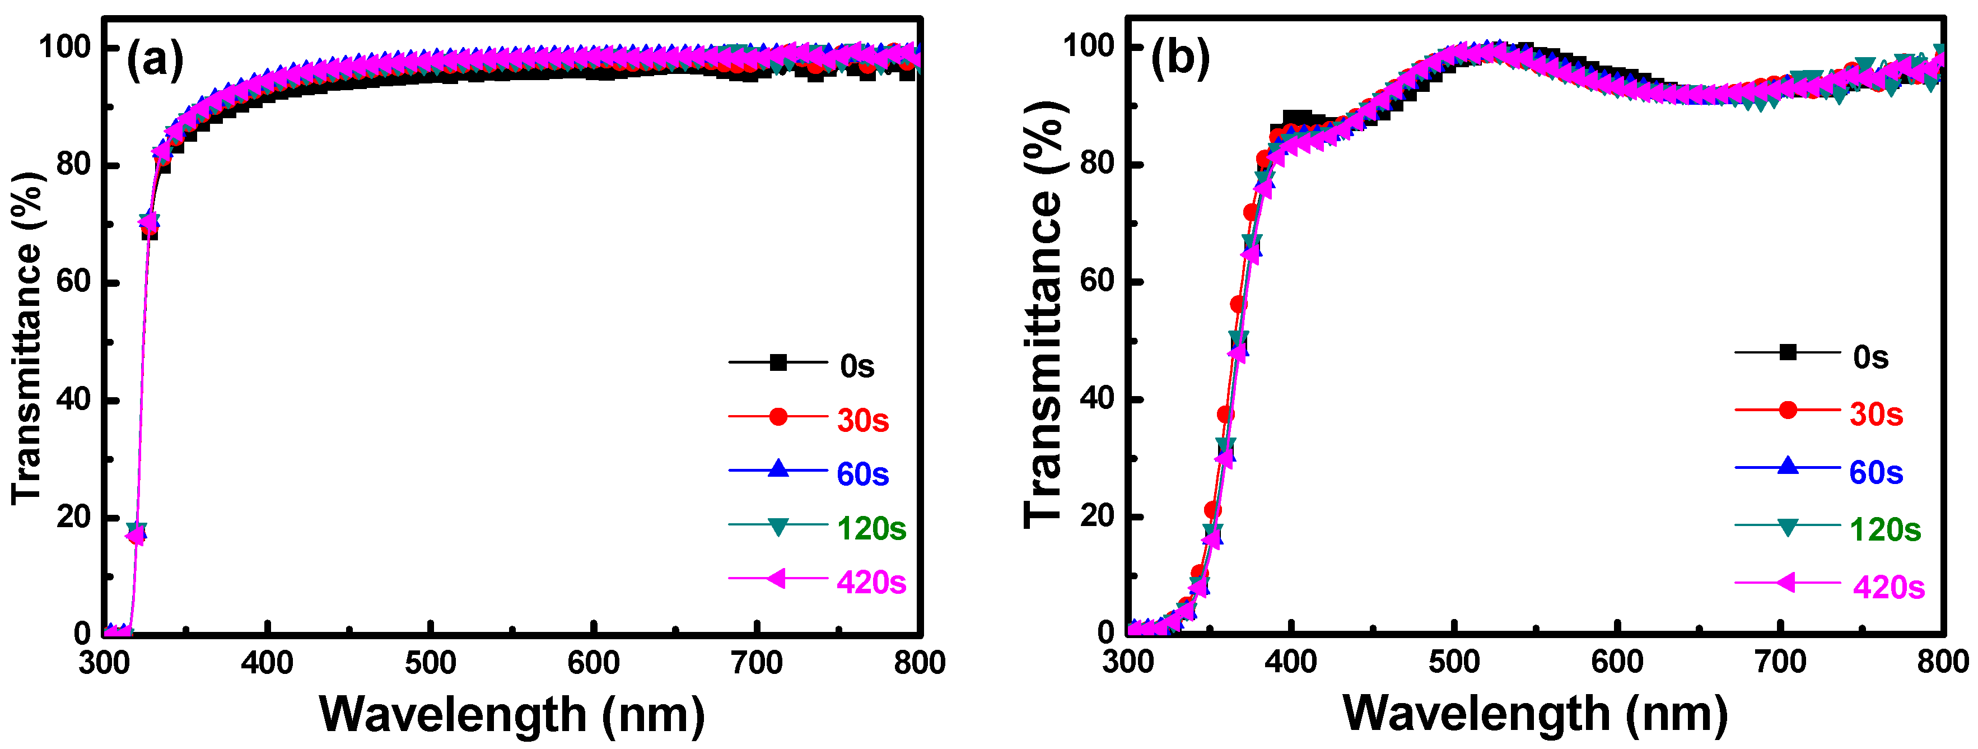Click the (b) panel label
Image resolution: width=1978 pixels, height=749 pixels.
click(x=1180, y=58)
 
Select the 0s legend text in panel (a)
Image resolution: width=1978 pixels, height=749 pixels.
click(x=857, y=366)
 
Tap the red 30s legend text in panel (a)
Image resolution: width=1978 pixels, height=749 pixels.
click(x=863, y=420)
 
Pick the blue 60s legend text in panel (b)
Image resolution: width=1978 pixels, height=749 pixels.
click(x=1876, y=472)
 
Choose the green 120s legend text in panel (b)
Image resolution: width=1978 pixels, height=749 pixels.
click(x=1885, y=530)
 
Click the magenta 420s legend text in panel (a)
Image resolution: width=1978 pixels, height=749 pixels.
click(x=871, y=582)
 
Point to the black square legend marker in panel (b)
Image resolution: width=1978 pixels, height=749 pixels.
click(x=1788, y=352)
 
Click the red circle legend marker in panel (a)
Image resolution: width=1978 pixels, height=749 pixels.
click(x=778, y=416)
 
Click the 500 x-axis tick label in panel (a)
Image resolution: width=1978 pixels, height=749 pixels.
click(x=431, y=662)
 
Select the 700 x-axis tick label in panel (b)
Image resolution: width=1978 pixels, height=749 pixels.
click(x=1780, y=660)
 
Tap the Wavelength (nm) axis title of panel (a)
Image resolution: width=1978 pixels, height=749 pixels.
click(x=512, y=714)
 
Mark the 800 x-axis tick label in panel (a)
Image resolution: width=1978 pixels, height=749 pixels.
click(x=919, y=662)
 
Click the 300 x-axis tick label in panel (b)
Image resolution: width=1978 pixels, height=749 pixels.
click(x=1128, y=660)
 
